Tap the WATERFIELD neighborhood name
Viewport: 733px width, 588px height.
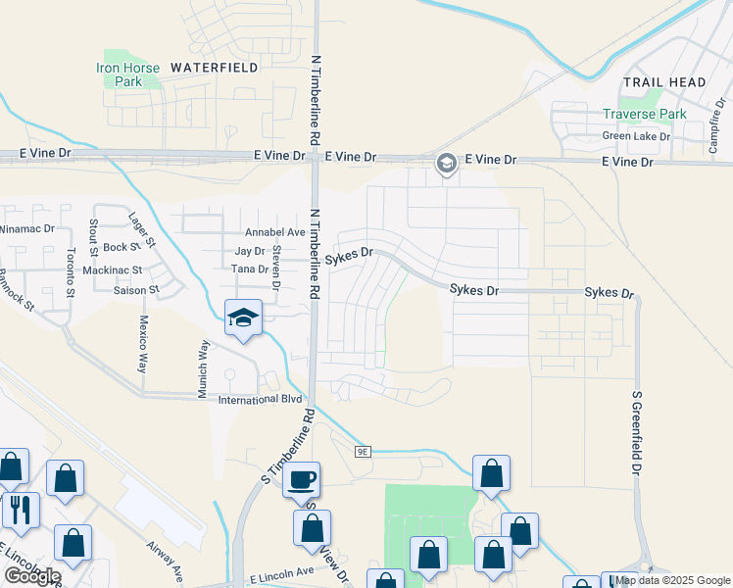[x=214, y=68]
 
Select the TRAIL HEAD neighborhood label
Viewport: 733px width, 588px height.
[x=664, y=82]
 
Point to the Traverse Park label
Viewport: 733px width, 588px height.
[x=644, y=115]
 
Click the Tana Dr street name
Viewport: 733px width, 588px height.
[x=249, y=269]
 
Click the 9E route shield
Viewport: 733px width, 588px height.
[x=363, y=451]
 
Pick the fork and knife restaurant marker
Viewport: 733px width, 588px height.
[x=20, y=510]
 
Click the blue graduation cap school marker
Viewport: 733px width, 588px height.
[x=243, y=318]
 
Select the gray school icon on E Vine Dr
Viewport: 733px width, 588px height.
[x=446, y=163]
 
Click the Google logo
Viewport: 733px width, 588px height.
[x=31, y=575]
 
